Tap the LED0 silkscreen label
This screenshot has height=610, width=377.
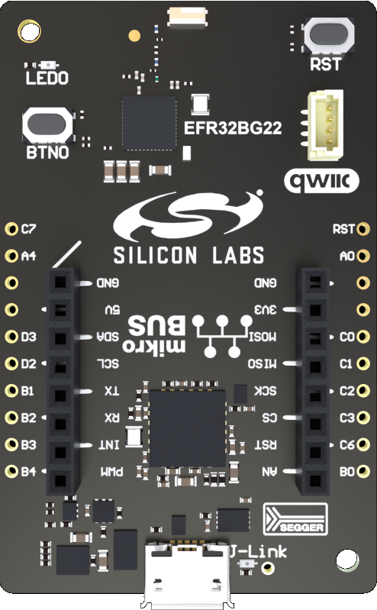(47, 78)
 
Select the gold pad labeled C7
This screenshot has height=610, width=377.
(11, 228)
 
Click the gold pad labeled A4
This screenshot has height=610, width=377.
(11, 255)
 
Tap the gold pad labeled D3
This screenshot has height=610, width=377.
(11, 336)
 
